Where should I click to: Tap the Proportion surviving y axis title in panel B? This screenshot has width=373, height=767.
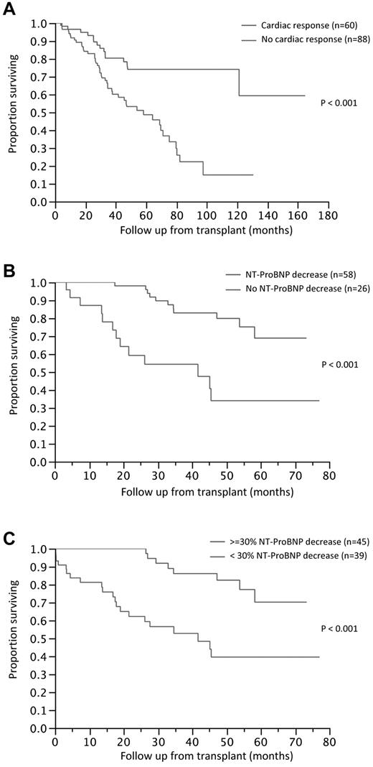13,372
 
